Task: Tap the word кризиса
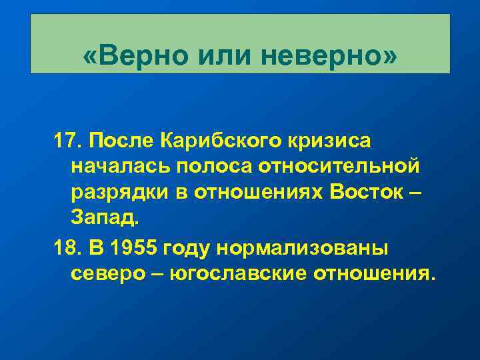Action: (x=331, y=141)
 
